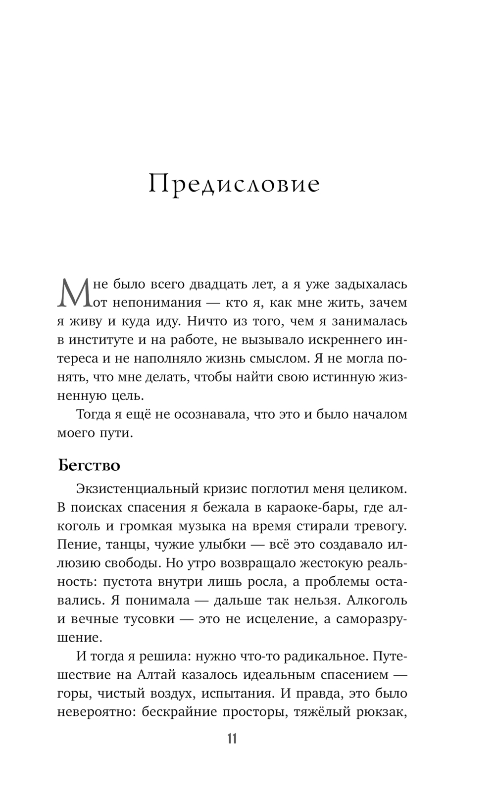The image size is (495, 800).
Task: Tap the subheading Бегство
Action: (x=89, y=466)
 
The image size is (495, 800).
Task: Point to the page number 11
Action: (x=232, y=739)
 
